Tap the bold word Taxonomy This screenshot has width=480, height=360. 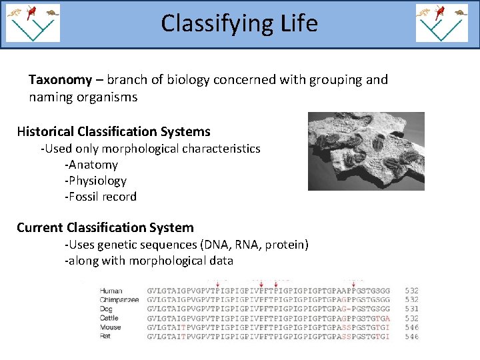60,80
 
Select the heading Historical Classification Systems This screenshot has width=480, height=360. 113,131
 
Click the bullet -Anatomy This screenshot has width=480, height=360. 91,165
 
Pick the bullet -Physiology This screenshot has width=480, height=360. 95,181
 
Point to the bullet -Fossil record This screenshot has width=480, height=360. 101,197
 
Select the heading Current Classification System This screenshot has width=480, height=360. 105,227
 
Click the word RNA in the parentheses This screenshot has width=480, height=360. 246,245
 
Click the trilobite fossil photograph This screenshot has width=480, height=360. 366,151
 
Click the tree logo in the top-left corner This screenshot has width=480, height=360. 33,23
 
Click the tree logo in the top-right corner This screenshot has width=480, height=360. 443,23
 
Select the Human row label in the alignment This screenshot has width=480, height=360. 111,291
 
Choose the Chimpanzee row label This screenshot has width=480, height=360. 119,300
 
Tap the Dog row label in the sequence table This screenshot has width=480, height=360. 107,309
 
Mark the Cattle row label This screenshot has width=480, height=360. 110,319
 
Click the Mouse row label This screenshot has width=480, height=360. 110,327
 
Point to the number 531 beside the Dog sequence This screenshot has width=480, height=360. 411,309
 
